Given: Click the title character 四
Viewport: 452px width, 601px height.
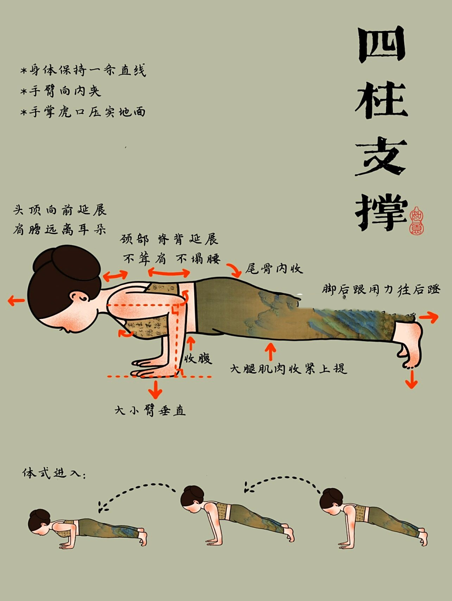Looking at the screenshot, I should point(381,45).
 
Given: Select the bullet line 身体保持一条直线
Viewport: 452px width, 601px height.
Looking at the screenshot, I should point(83,70).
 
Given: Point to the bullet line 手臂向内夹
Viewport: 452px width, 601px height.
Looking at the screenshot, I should point(61,91).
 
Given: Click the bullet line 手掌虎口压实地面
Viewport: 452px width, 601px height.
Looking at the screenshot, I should point(83,112).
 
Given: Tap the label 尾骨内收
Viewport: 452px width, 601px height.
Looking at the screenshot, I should point(274,269).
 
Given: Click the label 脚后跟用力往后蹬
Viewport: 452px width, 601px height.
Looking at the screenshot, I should point(381,289).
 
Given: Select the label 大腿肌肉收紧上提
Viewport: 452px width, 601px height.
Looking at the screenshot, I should point(288,369).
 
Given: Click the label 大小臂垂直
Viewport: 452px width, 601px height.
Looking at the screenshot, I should point(150,410).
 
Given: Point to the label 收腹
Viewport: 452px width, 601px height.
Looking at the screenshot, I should point(198,359).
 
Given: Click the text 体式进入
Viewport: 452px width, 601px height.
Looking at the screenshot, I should point(54,473).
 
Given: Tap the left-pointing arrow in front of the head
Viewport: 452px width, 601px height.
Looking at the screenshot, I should point(16,301).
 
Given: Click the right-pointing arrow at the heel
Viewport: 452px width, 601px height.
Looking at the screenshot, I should point(429,318).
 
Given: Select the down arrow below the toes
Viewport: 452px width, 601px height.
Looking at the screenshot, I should point(412,379).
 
